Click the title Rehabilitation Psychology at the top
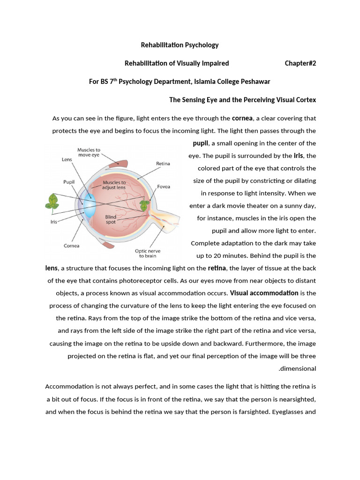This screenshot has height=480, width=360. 180,45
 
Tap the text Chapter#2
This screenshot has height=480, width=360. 300,63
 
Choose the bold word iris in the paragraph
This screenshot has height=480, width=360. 298,156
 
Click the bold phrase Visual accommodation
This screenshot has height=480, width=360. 264,293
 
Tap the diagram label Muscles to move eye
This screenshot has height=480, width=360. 89,153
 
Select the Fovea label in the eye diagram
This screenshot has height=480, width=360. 164,187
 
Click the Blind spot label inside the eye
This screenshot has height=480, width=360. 111,220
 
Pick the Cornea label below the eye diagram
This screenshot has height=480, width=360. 71,246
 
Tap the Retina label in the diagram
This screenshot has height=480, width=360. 163,164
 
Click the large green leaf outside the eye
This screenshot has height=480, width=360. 52,201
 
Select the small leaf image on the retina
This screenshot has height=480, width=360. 145,205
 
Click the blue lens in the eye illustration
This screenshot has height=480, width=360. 90,202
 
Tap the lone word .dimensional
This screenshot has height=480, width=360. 297,368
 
